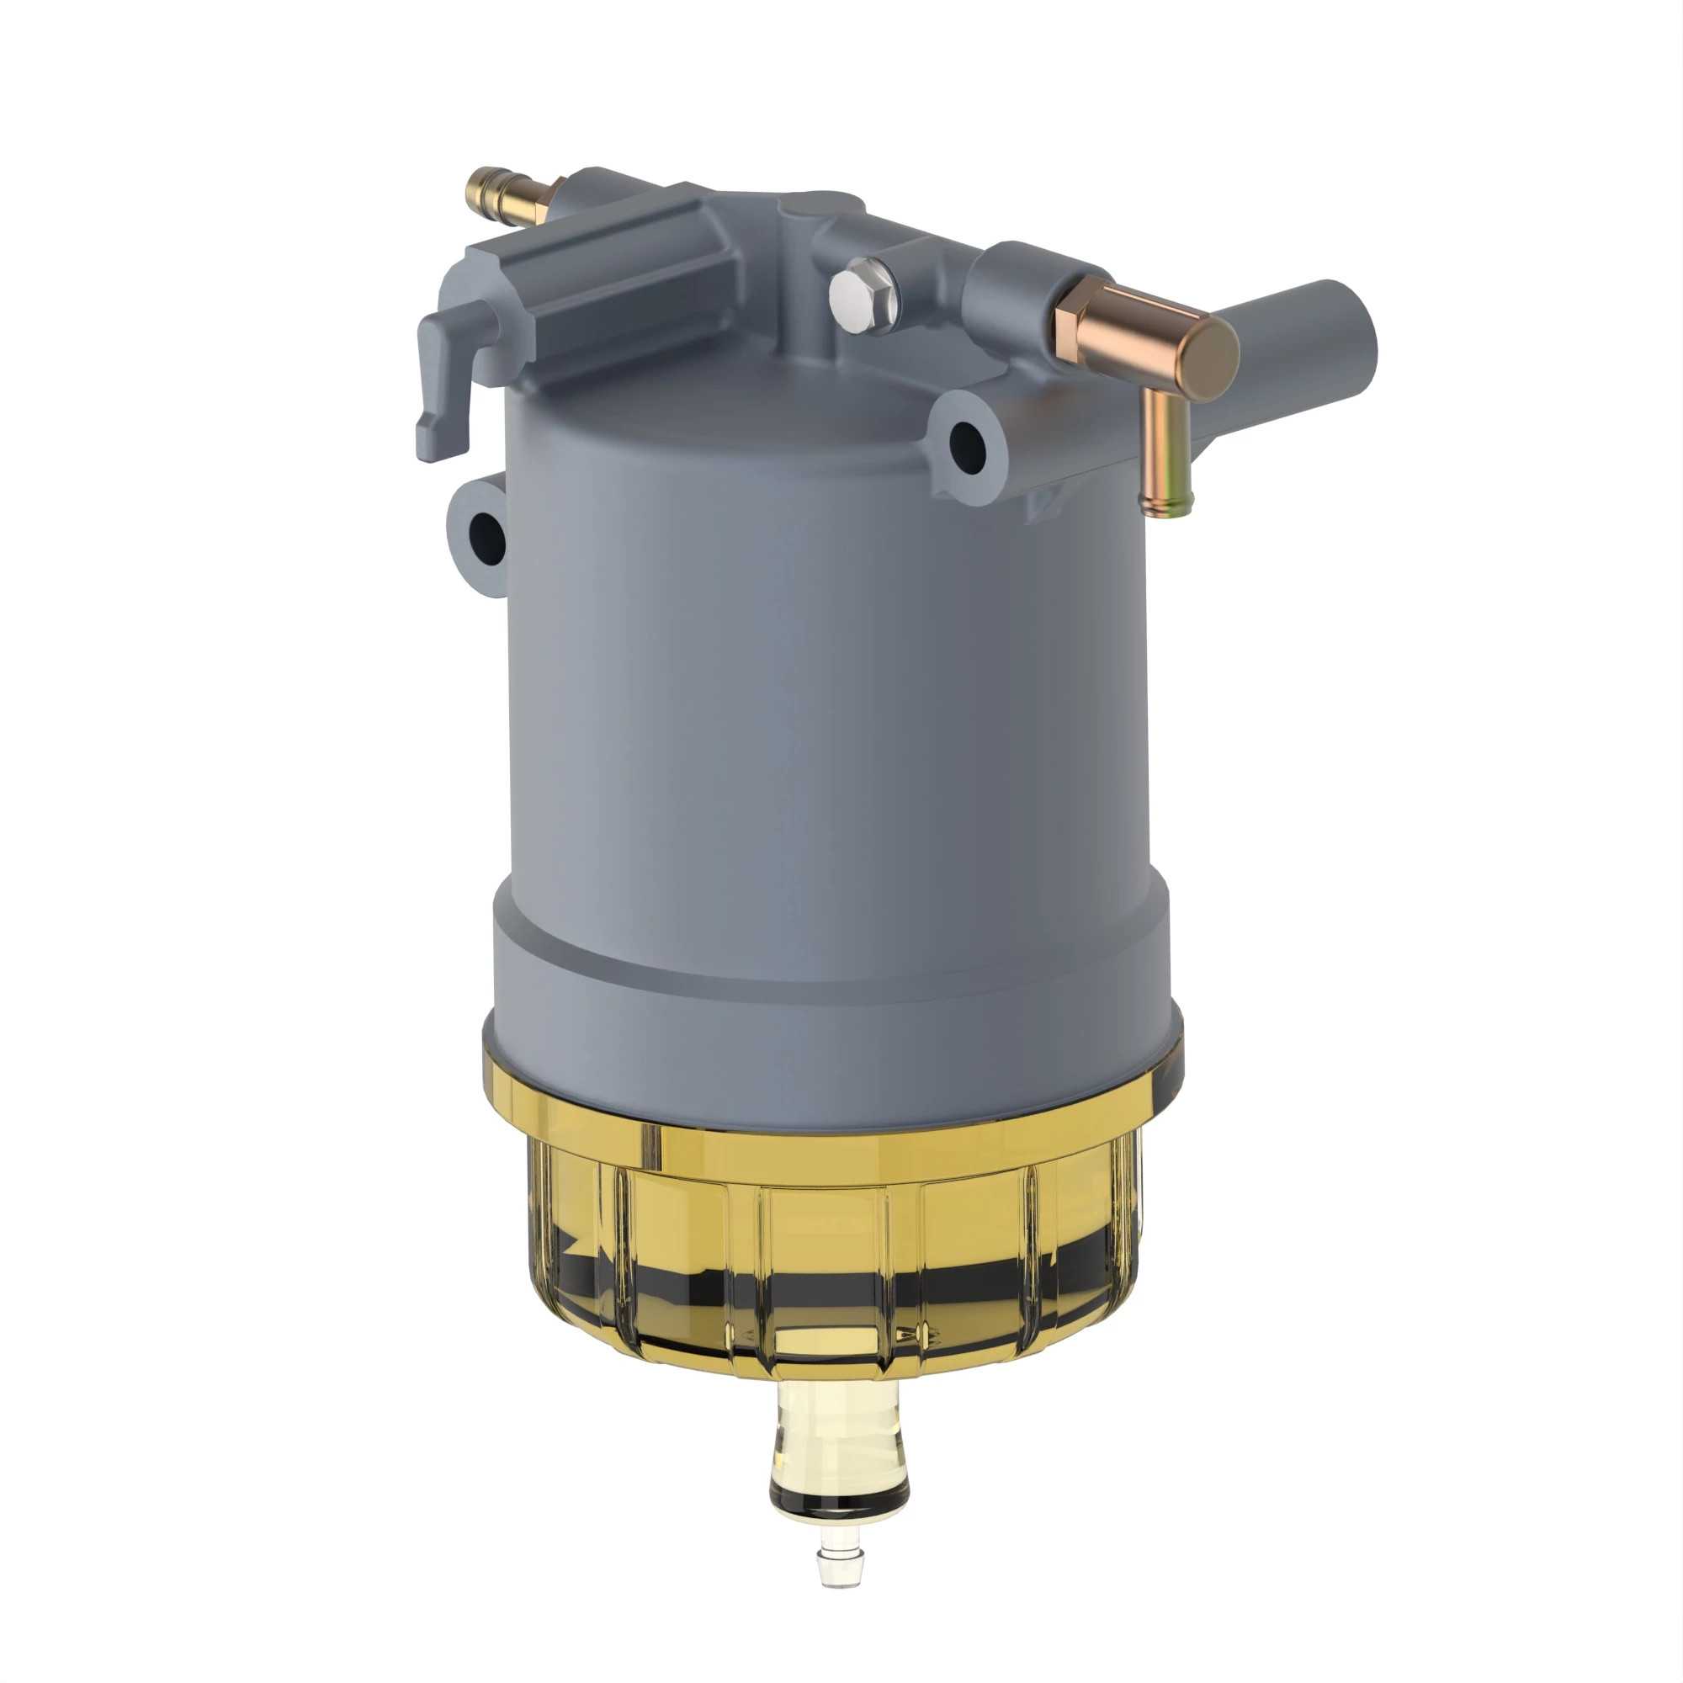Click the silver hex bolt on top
(860, 295)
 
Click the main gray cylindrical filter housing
(827, 679)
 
